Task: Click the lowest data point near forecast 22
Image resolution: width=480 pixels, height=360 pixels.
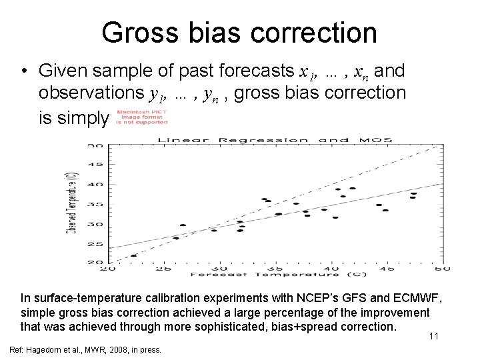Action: pyautogui.click(x=134, y=255)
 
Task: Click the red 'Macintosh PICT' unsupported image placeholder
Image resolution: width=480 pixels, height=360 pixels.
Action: pyautogui.click(x=141, y=117)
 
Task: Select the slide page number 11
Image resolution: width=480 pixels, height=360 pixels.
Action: pyautogui.click(x=433, y=336)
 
